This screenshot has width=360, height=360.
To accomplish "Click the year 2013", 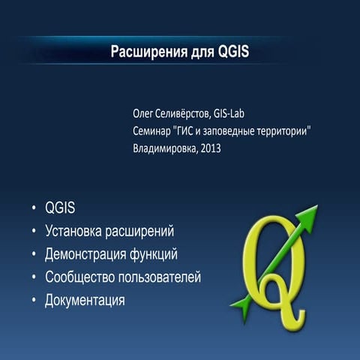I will point(211,148).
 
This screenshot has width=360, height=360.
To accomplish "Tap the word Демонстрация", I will point(86,254).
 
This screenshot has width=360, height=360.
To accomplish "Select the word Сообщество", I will point(79,277).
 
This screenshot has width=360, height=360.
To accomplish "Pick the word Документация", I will point(85,301).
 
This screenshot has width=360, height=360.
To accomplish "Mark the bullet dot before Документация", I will point(34,301).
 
